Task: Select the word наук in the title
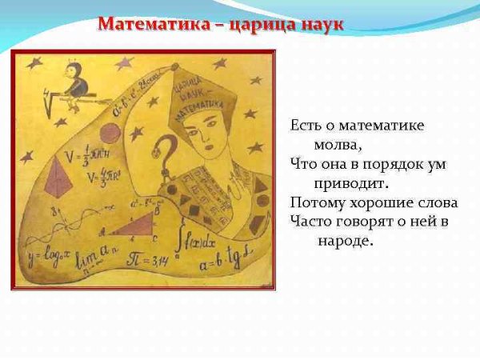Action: (321, 24)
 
